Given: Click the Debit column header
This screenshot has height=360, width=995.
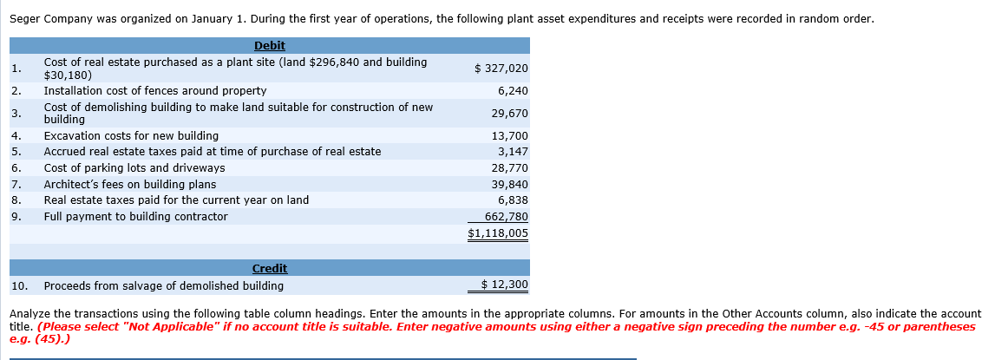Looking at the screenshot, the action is tap(270, 46).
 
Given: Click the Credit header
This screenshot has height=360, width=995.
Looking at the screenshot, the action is tap(270, 269).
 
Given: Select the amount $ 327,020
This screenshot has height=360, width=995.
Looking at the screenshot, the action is tap(501, 68).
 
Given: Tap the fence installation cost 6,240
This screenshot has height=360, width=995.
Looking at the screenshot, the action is tap(514, 91).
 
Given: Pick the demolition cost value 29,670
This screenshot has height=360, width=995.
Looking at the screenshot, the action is tap(510, 114).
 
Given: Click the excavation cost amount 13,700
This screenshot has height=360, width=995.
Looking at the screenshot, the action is tap(510, 136).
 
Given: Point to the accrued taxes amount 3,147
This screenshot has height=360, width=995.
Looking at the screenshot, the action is tap(514, 152).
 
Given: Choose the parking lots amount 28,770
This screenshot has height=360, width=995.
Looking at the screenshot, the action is tap(510, 168).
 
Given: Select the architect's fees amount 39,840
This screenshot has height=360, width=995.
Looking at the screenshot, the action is tap(510, 185).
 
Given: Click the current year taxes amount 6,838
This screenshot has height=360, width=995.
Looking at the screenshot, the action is tap(514, 200).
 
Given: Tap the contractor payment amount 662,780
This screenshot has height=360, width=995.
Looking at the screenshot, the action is tap(507, 217).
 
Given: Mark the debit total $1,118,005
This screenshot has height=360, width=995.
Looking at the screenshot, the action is tap(498, 233).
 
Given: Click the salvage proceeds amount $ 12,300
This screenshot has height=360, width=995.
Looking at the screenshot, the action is tap(505, 285).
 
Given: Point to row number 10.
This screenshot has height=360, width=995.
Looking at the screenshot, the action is tap(20, 285).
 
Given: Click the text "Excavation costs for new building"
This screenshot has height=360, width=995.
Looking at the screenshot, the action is tap(131, 136).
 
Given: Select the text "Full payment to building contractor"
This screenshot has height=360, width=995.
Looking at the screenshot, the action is tap(136, 217).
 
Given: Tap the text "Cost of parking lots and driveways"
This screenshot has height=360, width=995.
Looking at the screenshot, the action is tap(134, 168).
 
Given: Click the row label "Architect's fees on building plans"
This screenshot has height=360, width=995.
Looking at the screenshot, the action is tap(130, 185).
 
